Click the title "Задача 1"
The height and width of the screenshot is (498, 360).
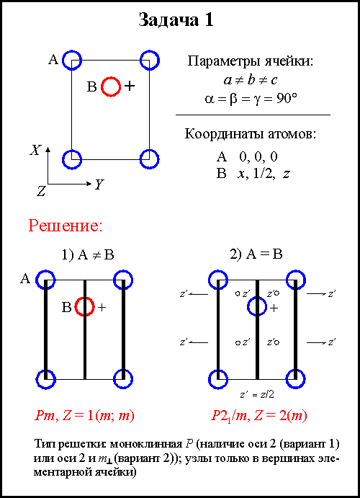click(x=176, y=20)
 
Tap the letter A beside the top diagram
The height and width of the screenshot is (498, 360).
click(x=53, y=59)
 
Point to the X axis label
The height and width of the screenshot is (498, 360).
click(x=35, y=150)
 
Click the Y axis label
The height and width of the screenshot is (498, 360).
click(x=99, y=184)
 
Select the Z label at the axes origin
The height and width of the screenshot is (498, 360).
click(x=41, y=191)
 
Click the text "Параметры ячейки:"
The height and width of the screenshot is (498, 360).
click(x=251, y=61)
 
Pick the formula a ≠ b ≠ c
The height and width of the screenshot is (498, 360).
click(x=251, y=80)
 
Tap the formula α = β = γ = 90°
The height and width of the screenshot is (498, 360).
click(x=251, y=99)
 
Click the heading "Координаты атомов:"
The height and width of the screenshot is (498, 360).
click(x=251, y=134)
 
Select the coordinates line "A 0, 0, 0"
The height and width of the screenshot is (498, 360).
click(x=247, y=156)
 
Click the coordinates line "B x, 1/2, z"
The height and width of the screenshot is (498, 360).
click(x=253, y=174)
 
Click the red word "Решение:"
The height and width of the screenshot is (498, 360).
click(x=66, y=226)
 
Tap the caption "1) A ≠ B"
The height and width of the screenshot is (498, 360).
click(x=88, y=254)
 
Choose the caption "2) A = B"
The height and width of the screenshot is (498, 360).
click(x=256, y=254)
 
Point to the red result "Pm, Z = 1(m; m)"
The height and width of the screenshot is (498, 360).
click(x=84, y=416)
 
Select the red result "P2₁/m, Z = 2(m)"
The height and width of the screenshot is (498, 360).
click(x=259, y=416)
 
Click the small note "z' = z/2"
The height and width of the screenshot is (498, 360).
click(x=256, y=394)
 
